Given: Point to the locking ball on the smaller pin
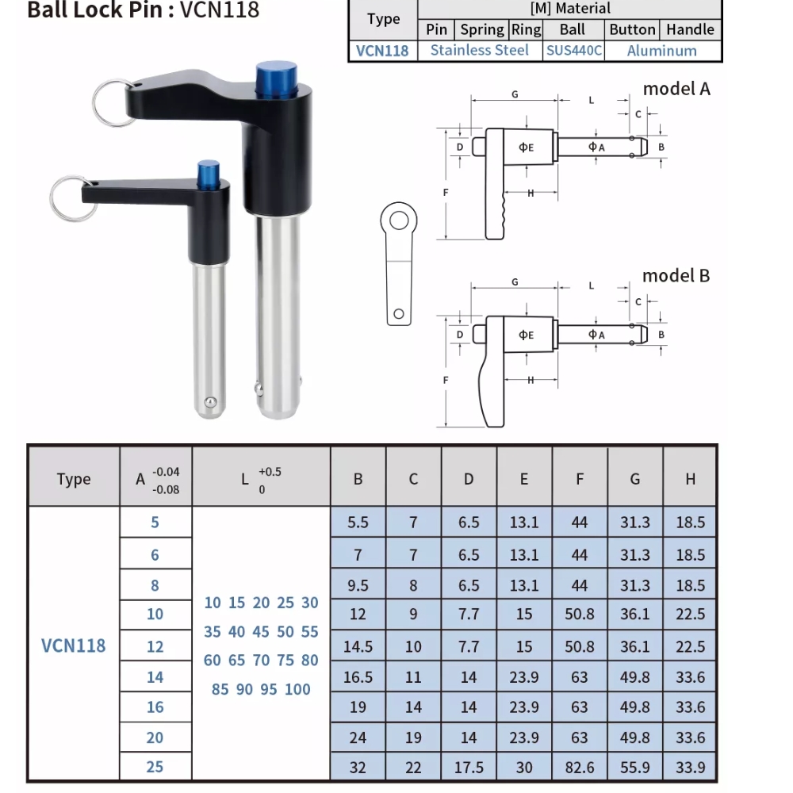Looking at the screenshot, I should [x=209, y=402].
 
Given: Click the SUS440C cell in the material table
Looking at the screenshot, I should [x=573, y=51].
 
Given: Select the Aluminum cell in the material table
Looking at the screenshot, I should [x=661, y=51].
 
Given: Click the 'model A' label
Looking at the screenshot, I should [x=676, y=89].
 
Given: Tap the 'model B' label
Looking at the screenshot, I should [x=676, y=276].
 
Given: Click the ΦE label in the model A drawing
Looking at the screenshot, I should [x=527, y=147].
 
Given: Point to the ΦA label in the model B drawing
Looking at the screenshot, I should [x=596, y=335].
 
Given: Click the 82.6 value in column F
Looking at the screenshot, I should [x=580, y=768].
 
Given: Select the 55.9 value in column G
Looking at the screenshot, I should [x=634, y=768].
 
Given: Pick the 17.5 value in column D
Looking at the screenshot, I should [x=469, y=768].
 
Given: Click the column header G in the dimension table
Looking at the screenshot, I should [x=634, y=479].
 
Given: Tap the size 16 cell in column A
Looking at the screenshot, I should [x=155, y=707].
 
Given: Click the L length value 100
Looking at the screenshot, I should [x=297, y=689].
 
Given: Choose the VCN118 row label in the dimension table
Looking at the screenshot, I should [x=73, y=646].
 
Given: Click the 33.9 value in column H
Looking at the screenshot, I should [x=690, y=768].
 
